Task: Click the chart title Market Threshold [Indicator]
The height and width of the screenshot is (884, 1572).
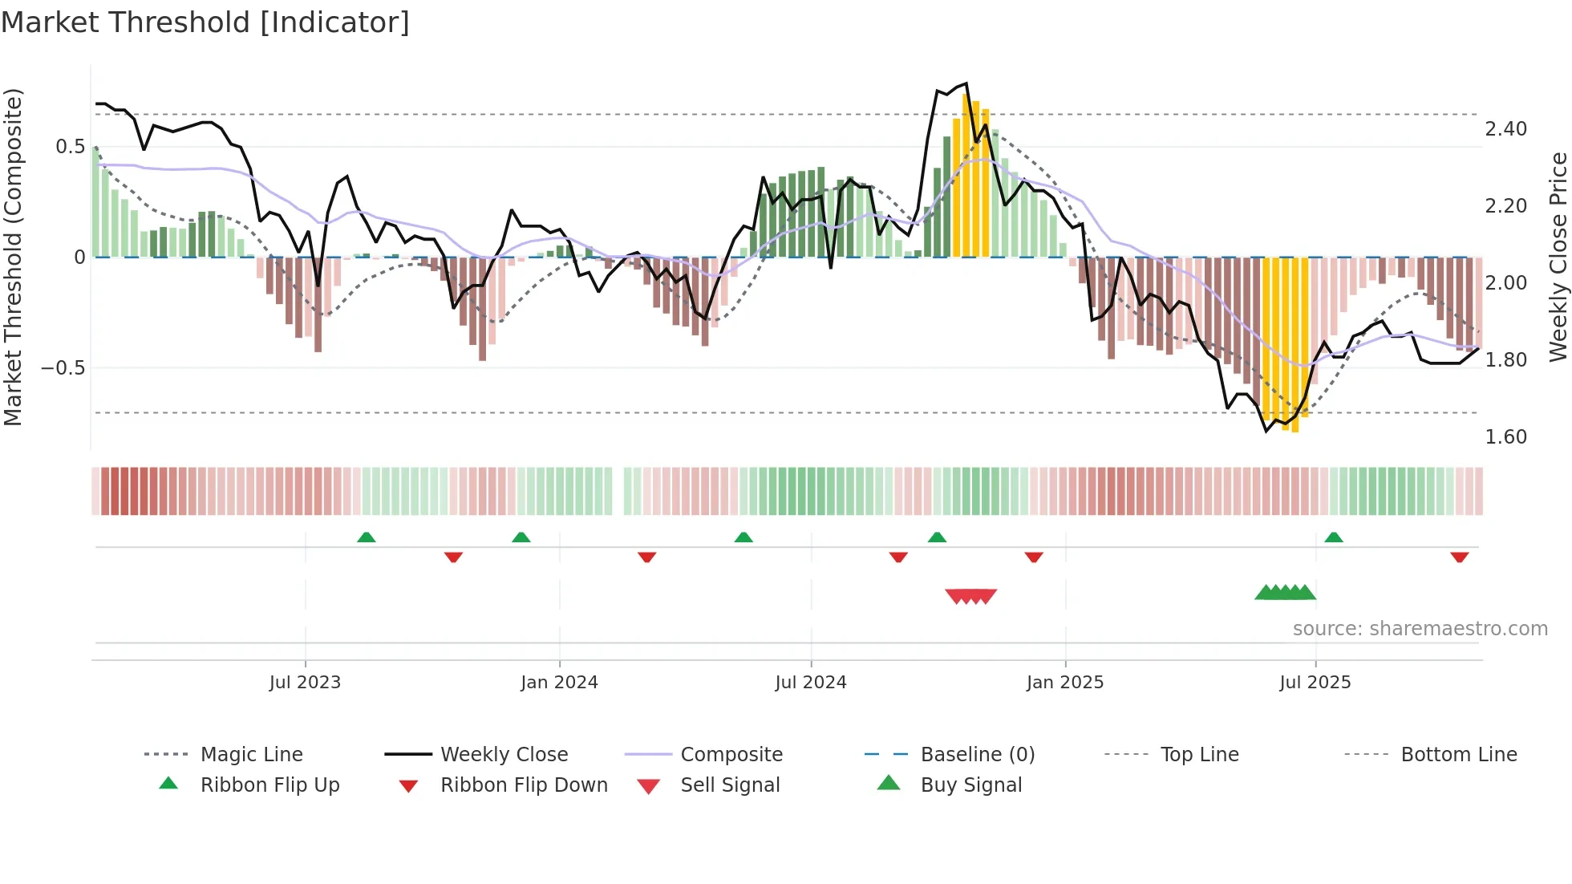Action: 205,22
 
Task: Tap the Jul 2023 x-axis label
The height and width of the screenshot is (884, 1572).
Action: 305,683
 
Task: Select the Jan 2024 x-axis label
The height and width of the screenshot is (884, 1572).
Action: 559,683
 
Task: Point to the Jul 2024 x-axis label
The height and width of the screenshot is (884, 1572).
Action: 811,683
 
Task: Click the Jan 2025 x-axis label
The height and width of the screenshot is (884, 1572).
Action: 1065,683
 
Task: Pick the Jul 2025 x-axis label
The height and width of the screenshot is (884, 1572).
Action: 1315,683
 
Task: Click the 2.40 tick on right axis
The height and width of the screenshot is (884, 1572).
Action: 1505,129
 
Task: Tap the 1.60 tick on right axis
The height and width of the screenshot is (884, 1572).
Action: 1505,437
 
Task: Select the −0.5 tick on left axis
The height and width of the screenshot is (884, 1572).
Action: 63,368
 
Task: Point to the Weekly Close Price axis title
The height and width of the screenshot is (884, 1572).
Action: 1558,257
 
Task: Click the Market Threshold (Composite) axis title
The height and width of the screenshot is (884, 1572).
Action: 13,257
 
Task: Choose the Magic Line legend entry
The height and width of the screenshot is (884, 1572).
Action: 251,755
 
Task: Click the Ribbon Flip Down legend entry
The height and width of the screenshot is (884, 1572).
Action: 524,785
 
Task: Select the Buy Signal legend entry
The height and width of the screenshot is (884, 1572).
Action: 970,785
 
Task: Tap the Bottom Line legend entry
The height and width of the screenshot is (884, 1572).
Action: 1458,755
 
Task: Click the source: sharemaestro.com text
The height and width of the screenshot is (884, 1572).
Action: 1420,629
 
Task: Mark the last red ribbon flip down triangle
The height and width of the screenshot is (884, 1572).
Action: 1459,557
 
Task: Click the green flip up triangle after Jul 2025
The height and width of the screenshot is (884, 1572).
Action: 1334,537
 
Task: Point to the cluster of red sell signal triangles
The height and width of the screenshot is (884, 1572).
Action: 970,596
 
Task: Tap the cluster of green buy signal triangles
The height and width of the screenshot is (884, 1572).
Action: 1286,593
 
